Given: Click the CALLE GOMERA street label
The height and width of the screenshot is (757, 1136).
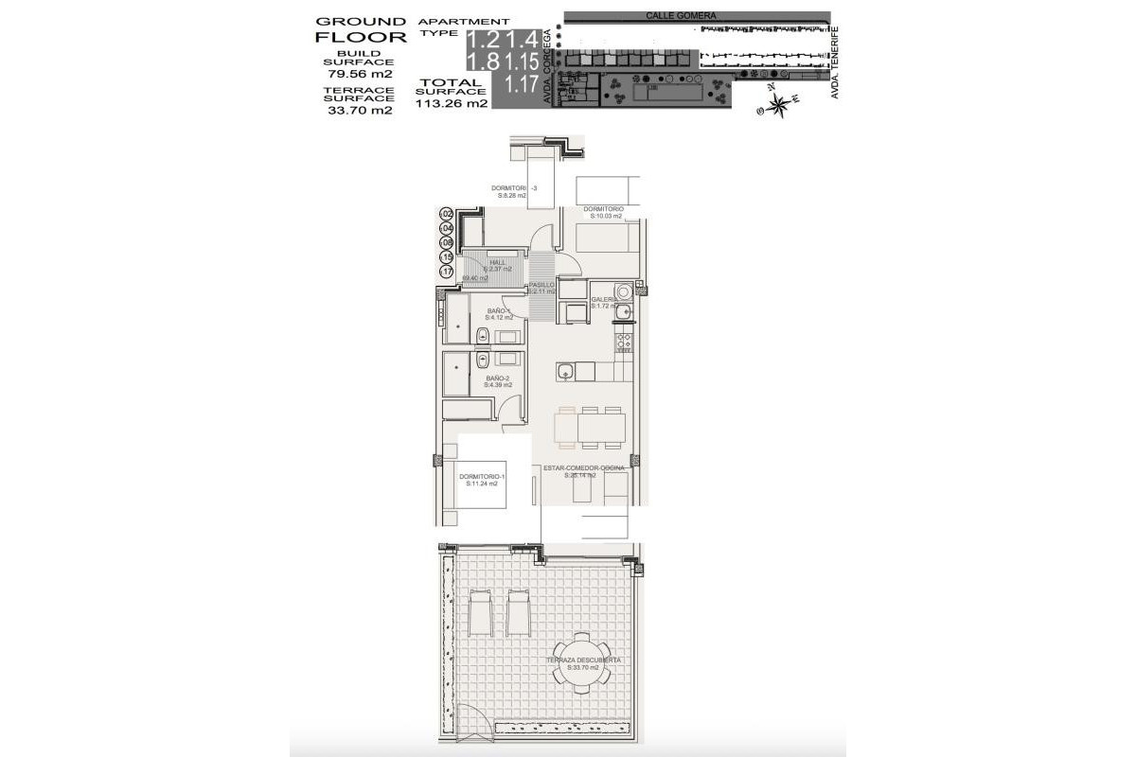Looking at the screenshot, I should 681,16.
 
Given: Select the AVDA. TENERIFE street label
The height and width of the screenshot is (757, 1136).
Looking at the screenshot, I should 837,62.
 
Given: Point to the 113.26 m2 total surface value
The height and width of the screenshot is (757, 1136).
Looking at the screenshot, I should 452,104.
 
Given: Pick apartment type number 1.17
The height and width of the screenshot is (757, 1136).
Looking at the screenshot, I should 522,83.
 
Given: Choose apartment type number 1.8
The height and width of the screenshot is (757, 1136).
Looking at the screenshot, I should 485,61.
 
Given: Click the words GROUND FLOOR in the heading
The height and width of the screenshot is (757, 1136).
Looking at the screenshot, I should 360,29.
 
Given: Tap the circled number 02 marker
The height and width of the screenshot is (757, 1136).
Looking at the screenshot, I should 447,215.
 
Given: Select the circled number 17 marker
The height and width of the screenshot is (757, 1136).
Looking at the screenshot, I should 447,272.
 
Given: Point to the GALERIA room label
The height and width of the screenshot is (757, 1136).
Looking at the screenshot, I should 604,302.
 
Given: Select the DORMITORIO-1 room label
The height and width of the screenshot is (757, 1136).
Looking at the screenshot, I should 481,479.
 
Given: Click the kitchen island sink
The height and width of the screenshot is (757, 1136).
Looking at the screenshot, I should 564,371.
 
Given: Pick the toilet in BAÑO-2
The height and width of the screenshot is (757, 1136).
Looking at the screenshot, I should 482,360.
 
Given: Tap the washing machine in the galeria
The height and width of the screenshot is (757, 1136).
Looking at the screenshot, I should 624,290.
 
